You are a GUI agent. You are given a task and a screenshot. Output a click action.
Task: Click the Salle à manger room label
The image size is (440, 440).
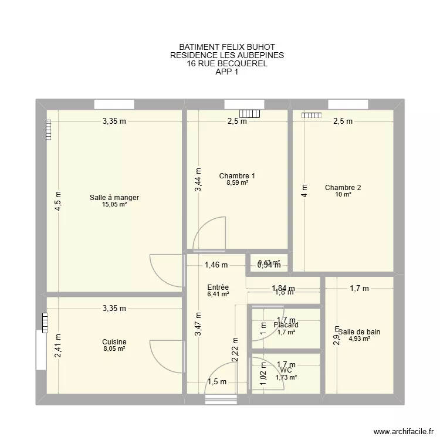[x=114, y=198]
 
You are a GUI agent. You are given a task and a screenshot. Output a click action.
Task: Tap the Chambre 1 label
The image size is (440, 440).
[x=237, y=176]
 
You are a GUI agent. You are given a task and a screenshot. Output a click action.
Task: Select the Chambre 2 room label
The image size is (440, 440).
[x=343, y=188]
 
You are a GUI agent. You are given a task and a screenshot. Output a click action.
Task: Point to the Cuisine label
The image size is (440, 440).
[x=114, y=342]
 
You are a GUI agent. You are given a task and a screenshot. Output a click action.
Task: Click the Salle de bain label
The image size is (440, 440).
[x=359, y=331]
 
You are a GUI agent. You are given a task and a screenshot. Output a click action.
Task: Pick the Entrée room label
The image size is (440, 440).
[x=218, y=287]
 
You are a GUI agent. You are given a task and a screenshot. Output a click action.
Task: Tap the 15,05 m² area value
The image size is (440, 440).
[x=114, y=205]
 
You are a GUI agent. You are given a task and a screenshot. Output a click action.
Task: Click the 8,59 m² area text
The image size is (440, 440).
[x=237, y=183]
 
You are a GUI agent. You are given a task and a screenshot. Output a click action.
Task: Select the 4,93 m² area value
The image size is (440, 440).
[x=359, y=339]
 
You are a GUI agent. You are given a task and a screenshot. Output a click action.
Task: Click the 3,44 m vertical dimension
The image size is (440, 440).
[x=199, y=180]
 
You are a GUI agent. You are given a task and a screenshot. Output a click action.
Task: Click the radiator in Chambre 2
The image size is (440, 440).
[x=312, y=116]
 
